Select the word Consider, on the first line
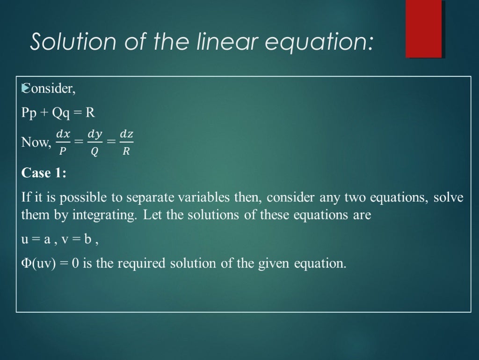pos(49,89)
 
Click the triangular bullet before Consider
pos(24,88)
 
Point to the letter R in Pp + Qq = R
pos(90,113)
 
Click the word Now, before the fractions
pos(36,142)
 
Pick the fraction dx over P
pos(63,142)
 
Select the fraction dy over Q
pos(95,142)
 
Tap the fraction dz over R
pos(126,142)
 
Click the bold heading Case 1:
pos(44,173)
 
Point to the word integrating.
pos(107,216)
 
